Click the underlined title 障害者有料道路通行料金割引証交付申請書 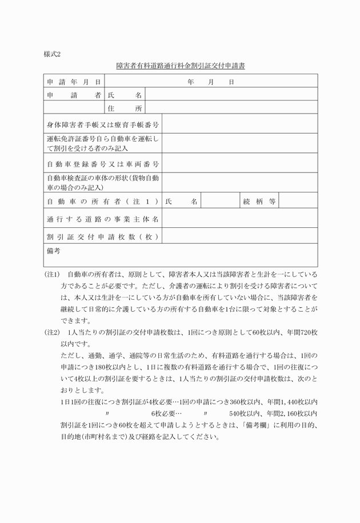pos(180,66)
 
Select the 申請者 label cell pos(74,95)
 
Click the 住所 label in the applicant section pos(124,108)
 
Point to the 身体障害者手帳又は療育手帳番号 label pos(102,124)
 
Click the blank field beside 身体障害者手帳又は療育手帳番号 pos(239,124)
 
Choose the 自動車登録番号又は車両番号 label pos(102,164)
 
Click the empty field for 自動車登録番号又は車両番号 pos(239,164)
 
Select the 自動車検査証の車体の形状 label pos(102,183)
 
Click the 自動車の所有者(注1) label pos(102,201)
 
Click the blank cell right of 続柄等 pos(298,201)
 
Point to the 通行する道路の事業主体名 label pos(102,219)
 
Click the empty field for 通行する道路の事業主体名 pos(239,219)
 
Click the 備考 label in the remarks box pos(54,250)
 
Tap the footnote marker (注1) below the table pos(53,275)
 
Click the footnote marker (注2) pos(53,332)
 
